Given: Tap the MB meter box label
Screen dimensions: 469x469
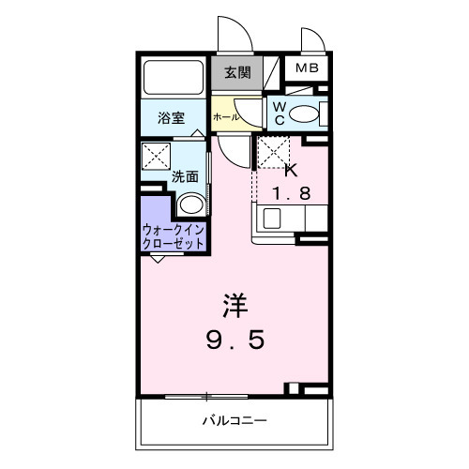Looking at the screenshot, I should coord(308,68).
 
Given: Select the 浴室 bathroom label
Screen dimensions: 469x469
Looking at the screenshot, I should coord(170,118).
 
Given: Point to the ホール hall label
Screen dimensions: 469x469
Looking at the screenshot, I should coord(225,117).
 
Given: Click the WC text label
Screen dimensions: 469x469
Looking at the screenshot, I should coord(280,114).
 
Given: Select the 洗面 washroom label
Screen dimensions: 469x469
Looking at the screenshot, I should coord(184,176).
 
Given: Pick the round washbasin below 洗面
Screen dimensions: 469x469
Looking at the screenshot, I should coord(190,205).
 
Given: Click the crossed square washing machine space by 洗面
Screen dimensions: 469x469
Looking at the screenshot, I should coord(156,155).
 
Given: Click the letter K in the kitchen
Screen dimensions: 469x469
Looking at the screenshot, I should coord(290,170).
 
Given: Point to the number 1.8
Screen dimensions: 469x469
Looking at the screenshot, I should coord(290,194).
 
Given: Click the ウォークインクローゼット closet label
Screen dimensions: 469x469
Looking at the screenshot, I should coord(174,235).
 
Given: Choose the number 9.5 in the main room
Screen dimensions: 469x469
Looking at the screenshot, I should coord(235,340).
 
